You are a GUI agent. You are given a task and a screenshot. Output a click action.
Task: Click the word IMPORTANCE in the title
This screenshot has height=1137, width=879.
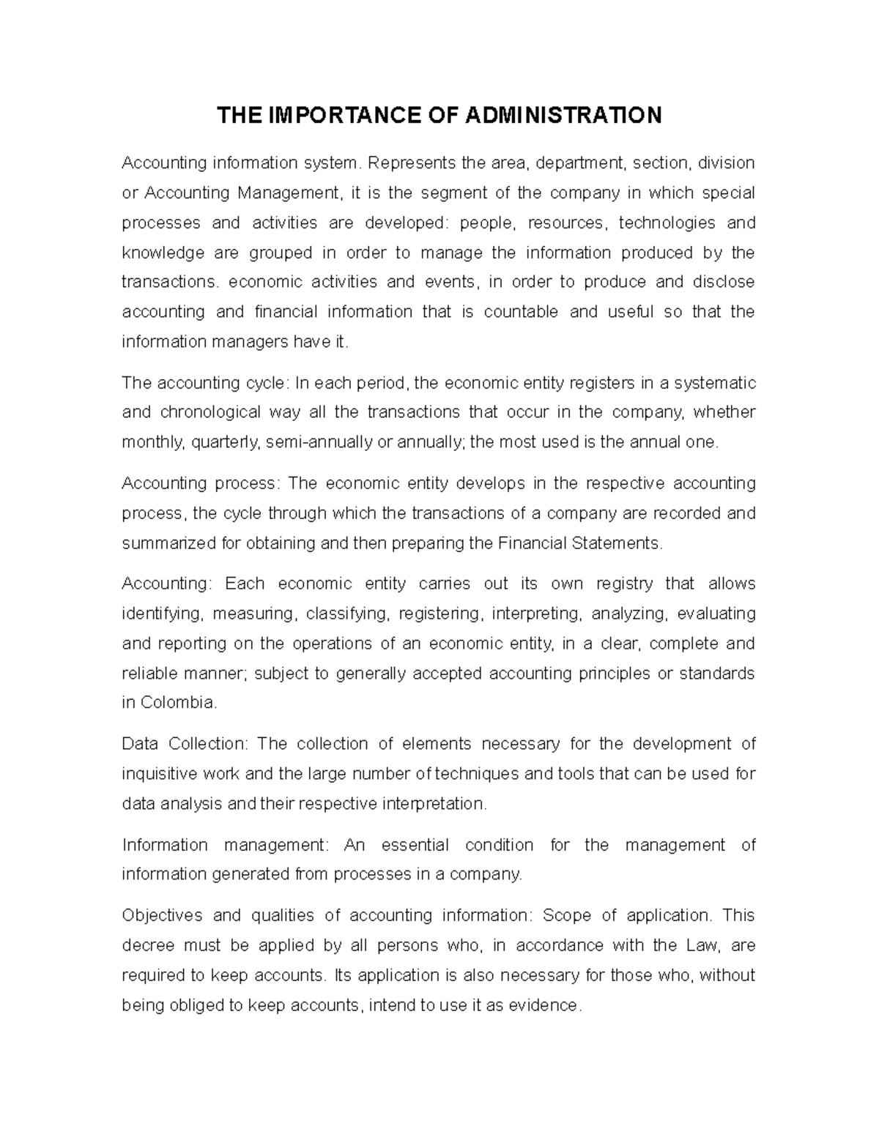coord(333,115)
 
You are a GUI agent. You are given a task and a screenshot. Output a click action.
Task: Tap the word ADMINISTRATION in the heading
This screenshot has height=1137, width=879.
coord(563,115)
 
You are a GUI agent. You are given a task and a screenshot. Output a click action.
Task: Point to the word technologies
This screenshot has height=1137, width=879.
coord(667,223)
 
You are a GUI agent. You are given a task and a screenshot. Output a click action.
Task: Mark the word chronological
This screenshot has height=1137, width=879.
coord(210,412)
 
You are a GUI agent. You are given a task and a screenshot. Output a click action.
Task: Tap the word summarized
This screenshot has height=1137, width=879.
coord(168,543)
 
